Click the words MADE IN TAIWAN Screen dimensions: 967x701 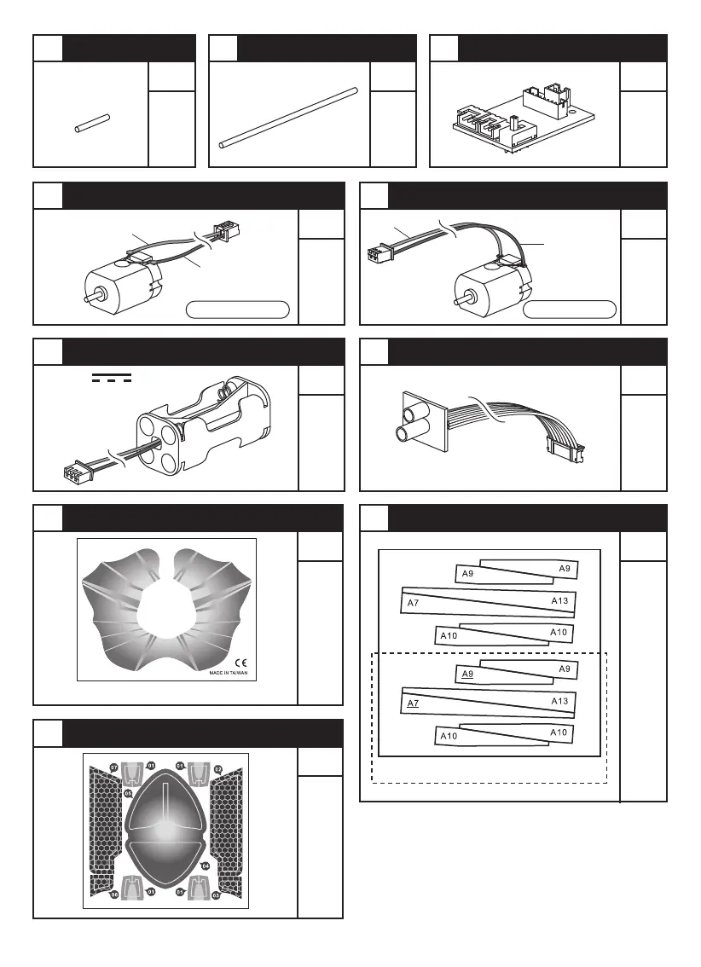point(228,673)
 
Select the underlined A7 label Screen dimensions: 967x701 point(413,704)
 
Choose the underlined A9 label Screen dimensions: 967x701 point(467,675)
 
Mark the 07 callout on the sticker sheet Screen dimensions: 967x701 point(113,767)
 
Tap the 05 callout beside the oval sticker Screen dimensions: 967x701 point(127,793)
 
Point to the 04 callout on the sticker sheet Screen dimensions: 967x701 point(206,866)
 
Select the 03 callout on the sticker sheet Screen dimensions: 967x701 point(216,895)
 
